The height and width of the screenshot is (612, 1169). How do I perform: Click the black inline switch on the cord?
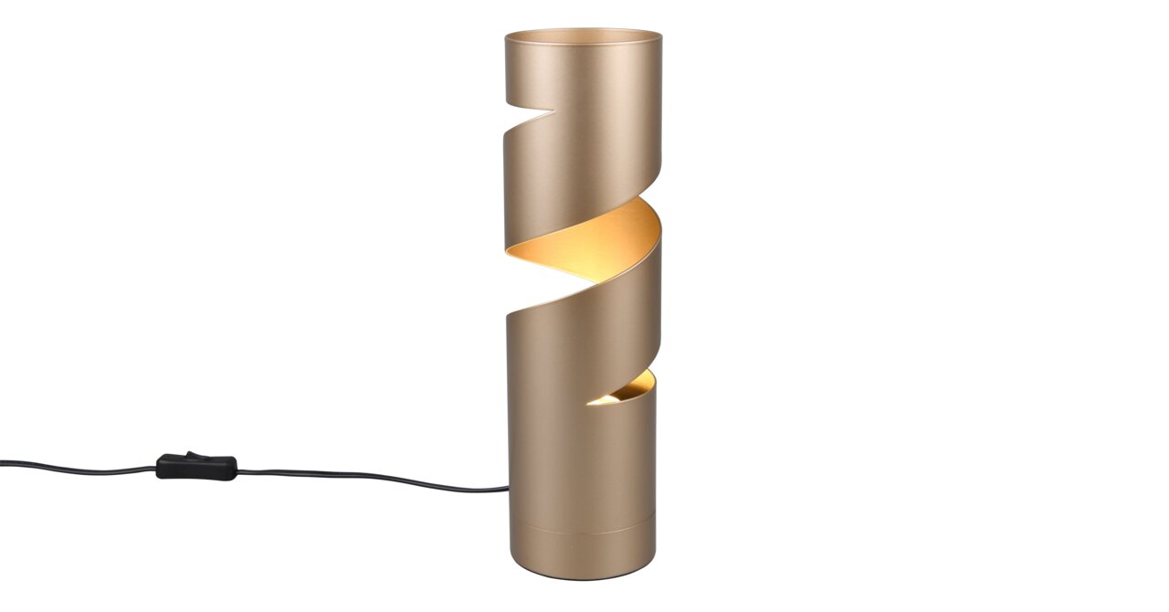point(196,468)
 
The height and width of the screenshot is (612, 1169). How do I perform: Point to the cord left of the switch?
point(82,467)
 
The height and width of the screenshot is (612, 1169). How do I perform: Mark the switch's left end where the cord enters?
point(159,468)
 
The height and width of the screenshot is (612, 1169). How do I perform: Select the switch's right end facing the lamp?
point(235,470)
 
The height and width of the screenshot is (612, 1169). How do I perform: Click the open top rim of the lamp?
point(583,35)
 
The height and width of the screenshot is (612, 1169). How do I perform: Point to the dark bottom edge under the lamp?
point(580,576)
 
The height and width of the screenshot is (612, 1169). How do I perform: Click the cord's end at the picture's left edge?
point(3,463)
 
